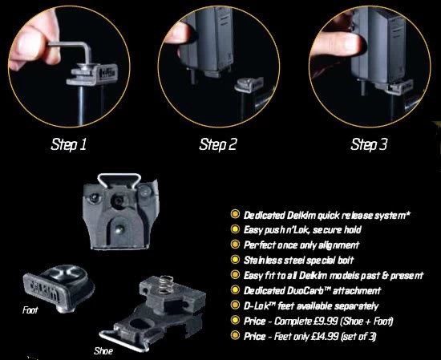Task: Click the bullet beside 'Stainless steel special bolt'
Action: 234,260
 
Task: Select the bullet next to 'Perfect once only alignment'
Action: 234,245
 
